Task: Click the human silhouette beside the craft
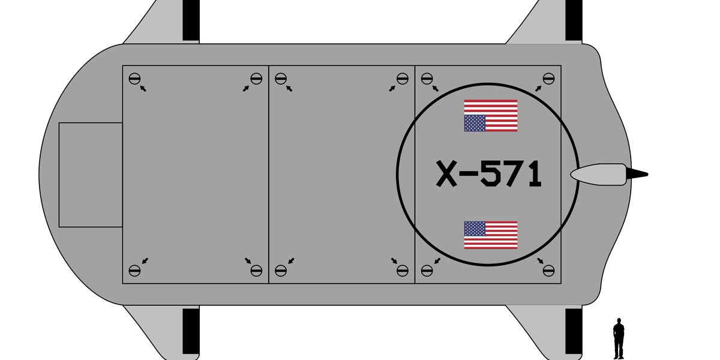(x=619, y=338)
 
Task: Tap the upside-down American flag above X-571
(x=491, y=115)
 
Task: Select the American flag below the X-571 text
(x=491, y=235)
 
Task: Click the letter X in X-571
(x=446, y=174)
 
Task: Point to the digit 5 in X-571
(x=491, y=174)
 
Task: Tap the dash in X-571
(x=469, y=175)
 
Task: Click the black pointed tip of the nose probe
(x=647, y=175)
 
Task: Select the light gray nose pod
(x=599, y=175)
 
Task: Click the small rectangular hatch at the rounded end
(x=91, y=175)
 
